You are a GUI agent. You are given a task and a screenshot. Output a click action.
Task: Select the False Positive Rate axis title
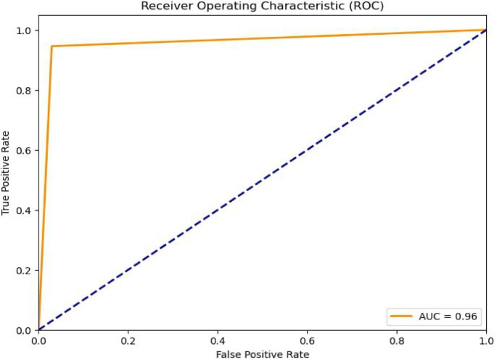pos(263,353)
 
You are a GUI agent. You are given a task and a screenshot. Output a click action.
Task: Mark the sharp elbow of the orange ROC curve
pos(52,46)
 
